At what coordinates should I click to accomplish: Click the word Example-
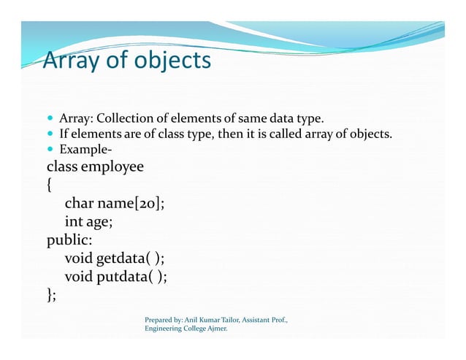pos(80,150)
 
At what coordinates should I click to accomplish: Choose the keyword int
pos(75,222)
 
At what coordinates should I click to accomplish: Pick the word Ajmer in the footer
pos(213,330)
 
